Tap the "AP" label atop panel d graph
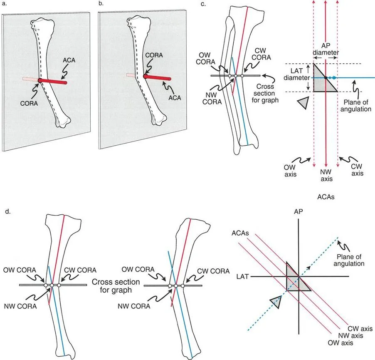point(298,211)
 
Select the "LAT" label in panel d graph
point(243,276)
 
